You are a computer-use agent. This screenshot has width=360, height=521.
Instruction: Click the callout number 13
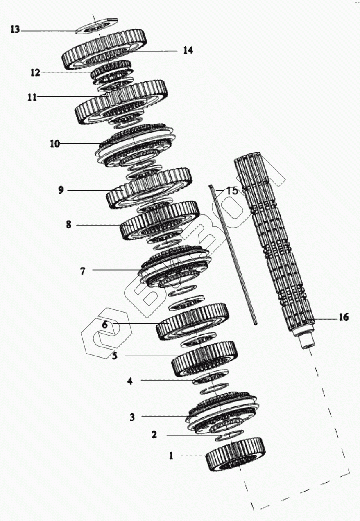[15, 30]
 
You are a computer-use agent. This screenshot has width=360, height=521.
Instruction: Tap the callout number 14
[188, 50]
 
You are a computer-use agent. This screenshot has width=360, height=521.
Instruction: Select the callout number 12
[35, 72]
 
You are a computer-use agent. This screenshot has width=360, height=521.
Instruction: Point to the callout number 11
[32, 97]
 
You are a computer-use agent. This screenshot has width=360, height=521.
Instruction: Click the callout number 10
[54, 144]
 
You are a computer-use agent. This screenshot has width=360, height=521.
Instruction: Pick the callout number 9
[61, 190]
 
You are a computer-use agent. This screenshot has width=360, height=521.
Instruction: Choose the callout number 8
[68, 224]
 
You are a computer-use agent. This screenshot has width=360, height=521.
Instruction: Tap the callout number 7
[82, 271]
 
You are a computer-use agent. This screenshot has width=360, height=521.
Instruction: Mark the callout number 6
[105, 325]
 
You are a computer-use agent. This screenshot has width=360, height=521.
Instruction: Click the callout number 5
[115, 356]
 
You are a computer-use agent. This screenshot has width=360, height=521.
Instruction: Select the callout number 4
[130, 381]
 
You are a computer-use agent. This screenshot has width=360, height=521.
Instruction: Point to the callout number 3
[132, 417]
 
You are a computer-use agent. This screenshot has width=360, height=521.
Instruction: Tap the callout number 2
[154, 435]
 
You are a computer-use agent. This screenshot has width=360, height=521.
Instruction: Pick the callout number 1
[172, 456]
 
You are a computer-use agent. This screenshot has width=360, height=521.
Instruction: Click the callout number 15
[232, 190]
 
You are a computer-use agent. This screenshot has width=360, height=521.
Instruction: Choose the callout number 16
[343, 317]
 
